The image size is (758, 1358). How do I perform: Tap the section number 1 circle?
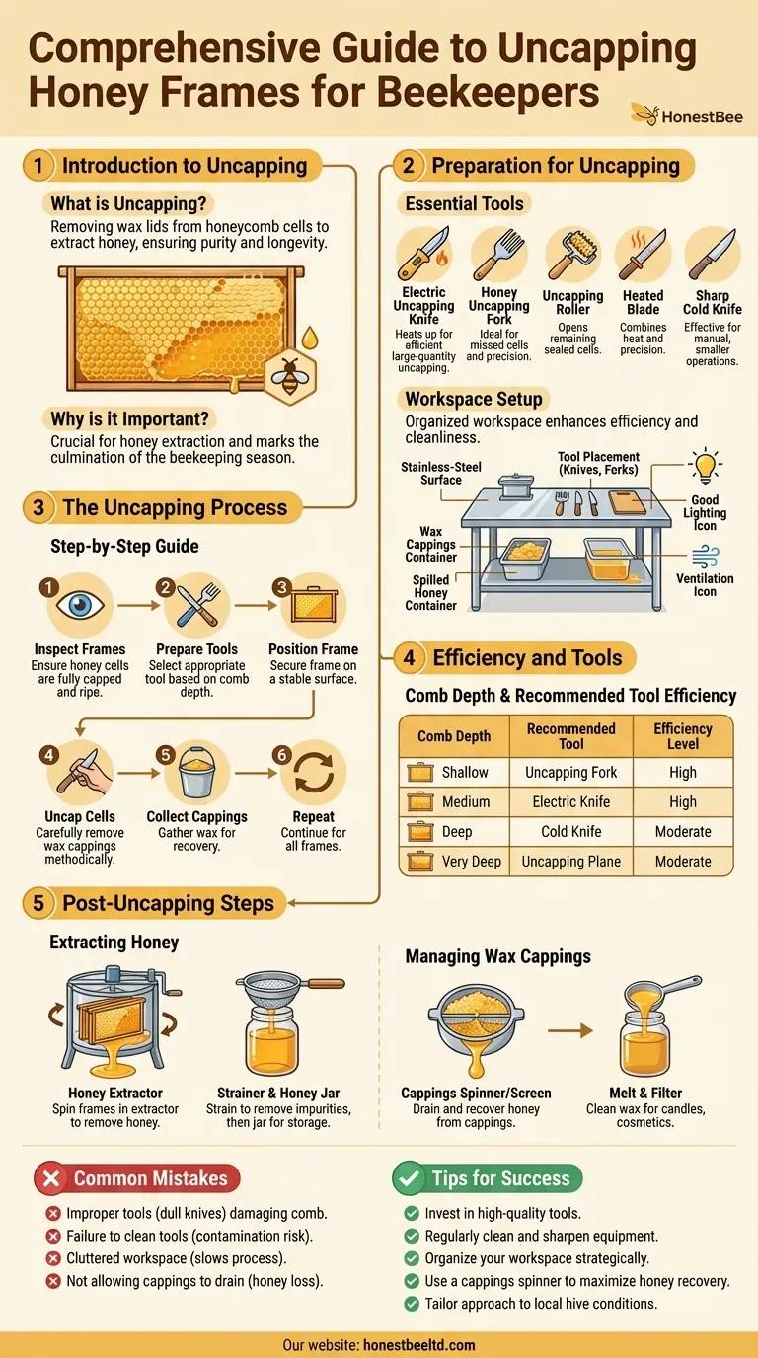[38, 165]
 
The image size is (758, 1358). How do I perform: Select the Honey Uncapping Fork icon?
[498, 255]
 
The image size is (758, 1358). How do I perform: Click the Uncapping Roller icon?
[572, 255]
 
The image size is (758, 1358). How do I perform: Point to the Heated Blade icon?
[643, 255]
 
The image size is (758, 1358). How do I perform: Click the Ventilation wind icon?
[705, 556]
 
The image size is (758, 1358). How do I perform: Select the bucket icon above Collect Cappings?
[196, 773]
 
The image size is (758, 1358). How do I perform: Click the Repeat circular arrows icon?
[313, 773]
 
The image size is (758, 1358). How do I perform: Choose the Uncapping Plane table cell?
[571, 861]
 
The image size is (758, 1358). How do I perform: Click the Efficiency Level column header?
[682, 735]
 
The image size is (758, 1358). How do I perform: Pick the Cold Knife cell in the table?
[571, 831]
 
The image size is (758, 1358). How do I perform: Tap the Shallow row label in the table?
[465, 772]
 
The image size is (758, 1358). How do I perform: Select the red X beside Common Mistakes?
[51, 1177]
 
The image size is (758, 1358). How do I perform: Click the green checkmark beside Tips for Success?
[409, 1177]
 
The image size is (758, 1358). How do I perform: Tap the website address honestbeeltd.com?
[419, 1344]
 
